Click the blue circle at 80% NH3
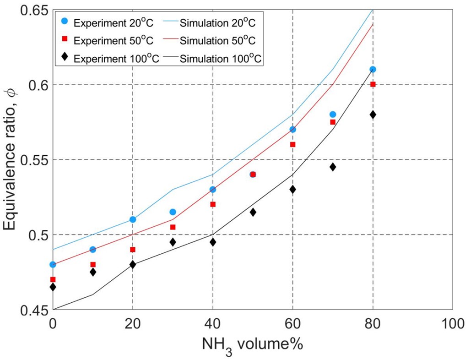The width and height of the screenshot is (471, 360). [x=373, y=69]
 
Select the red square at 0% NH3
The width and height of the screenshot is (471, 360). [x=53, y=279]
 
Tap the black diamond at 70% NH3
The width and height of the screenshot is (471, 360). [x=333, y=167]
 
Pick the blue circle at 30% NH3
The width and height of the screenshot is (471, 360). [x=173, y=212]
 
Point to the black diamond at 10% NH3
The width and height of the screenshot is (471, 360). [x=93, y=272]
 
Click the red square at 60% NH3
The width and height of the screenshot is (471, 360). [x=292, y=144]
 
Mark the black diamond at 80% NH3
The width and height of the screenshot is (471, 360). [x=373, y=115]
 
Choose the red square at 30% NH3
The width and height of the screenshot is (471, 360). [x=173, y=227]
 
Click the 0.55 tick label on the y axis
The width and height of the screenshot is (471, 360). [x=29, y=160]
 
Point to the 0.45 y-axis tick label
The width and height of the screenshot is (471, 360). [x=29, y=310]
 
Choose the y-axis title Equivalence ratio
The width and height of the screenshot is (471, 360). [x=11, y=160]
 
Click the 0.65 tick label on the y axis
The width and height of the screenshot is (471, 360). [x=29, y=10]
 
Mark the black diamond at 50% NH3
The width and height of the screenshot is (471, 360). [x=253, y=212]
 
